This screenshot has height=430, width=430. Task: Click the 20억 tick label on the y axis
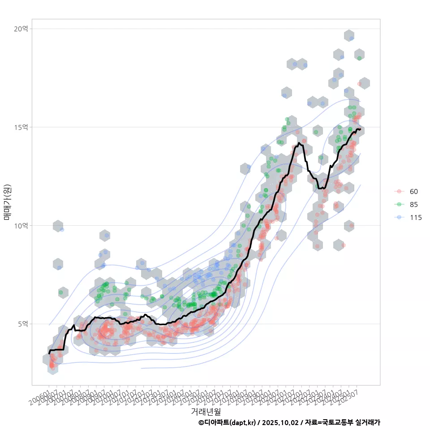[x=21, y=29]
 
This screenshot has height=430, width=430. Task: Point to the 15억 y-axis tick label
[x=21, y=127]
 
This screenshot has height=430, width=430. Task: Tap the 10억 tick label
[x=21, y=225]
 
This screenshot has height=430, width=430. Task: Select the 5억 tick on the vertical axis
[x=23, y=324]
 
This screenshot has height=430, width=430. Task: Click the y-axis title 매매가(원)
[x=8, y=202]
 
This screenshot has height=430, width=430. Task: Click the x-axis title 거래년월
[x=206, y=411]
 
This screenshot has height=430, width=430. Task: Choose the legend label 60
[x=414, y=192]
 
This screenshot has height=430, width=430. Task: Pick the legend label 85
[x=414, y=205]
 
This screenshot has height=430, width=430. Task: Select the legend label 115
[x=416, y=218]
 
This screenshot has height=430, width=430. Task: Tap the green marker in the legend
[x=399, y=205]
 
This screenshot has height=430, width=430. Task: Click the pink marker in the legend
[x=399, y=192]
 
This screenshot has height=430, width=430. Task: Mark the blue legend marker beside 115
[x=399, y=218]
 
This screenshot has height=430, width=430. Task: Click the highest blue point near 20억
[x=352, y=38]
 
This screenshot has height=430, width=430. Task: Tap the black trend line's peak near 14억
[x=298, y=143]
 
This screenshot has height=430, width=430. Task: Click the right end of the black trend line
[x=360, y=129]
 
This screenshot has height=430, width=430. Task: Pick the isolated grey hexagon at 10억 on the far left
[x=58, y=226]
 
